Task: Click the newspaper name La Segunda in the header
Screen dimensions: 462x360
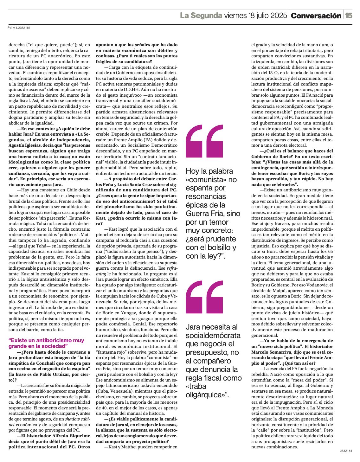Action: [201, 16]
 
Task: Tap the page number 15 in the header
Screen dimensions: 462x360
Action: [349, 16]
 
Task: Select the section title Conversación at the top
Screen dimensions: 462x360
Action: [316, 16]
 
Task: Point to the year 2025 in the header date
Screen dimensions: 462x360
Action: [279, 16]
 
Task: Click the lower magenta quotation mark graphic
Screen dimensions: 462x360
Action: [204, 297]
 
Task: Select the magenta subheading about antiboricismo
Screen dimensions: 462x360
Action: [46, 343]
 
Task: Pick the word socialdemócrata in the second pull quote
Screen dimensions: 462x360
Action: [213, 335]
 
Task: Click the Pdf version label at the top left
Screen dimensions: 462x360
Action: [19, 28]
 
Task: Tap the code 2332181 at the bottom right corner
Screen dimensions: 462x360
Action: [345, 451]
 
